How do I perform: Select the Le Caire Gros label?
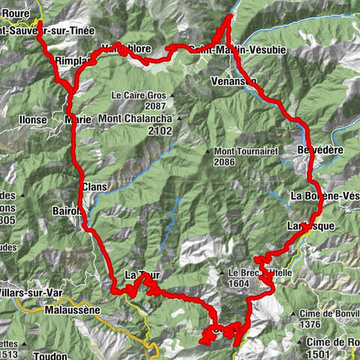(x=138, y=96)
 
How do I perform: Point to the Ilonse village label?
(x=31, y=119)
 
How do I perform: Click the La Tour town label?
(x=142, y=275)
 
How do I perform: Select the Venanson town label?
(x=233, y=80)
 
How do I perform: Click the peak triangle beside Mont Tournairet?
(x=207, y=151)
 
